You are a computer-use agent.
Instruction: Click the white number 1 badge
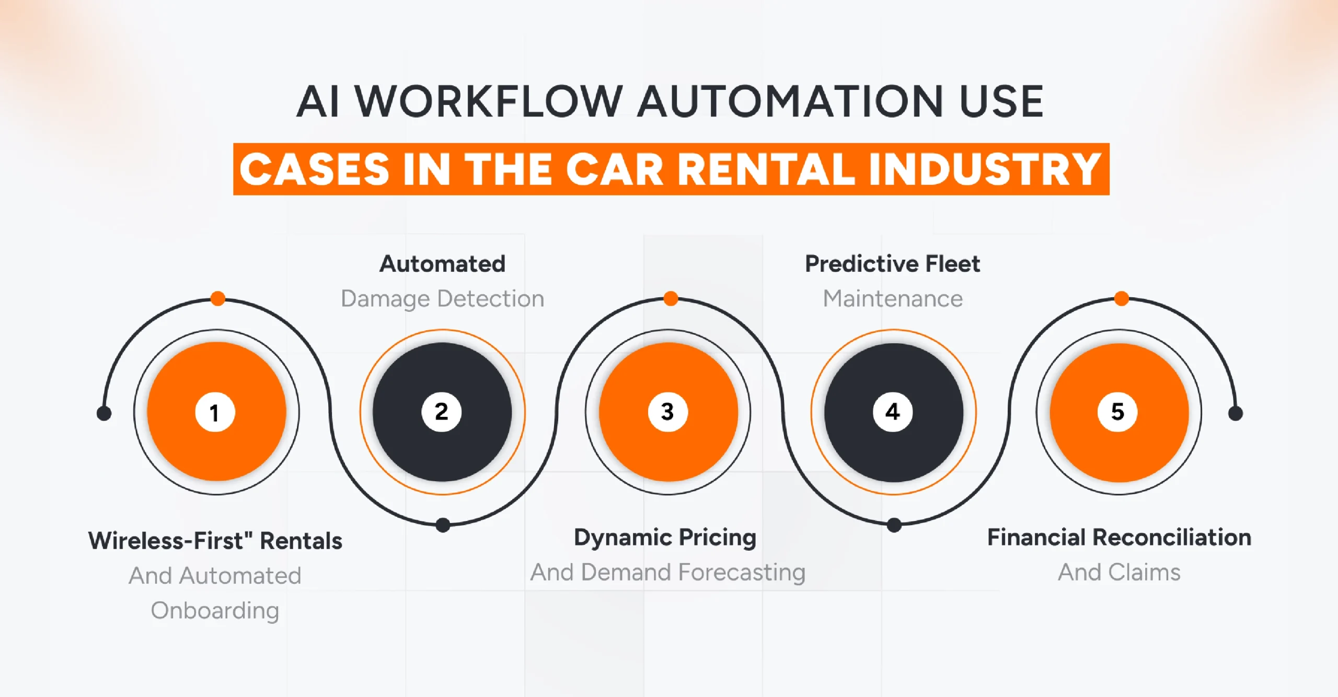[215, 412]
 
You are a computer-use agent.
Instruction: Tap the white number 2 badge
[441, 412]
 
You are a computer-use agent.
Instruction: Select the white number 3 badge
[667, 412]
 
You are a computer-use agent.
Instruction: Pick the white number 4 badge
[893, 412]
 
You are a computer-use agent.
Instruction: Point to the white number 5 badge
[1117, 412]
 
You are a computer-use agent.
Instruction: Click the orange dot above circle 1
[218, 298]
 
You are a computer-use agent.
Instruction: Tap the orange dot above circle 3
[671, 298]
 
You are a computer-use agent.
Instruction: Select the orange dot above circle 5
[1121, 298]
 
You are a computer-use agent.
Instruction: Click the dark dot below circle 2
[443, 525]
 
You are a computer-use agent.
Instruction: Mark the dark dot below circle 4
[894, 525]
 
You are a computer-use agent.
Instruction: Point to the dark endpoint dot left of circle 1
[104, 413]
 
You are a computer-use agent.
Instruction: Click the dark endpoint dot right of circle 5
[1236, 413]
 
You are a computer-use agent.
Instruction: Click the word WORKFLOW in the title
[488, 101]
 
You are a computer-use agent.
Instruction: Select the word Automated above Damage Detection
[442, 264]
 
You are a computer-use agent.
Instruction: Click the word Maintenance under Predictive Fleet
[893, 299]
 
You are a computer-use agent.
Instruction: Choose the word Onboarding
[215, 610]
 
